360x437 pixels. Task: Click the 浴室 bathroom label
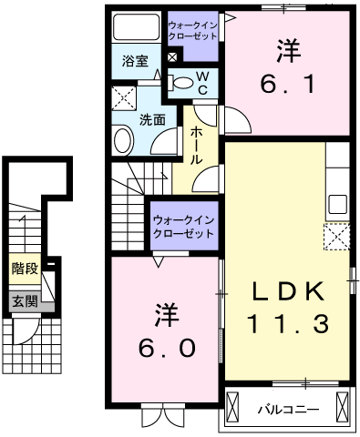coord(135,62)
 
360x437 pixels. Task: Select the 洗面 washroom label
coord(152,119)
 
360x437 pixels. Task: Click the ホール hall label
coord(197,145)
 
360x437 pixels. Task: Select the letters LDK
coord(286,290)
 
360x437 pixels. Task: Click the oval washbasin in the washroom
coord(122,139)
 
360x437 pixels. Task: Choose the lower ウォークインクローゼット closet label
coord(183,226)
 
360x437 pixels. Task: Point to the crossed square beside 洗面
coord(121,97)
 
